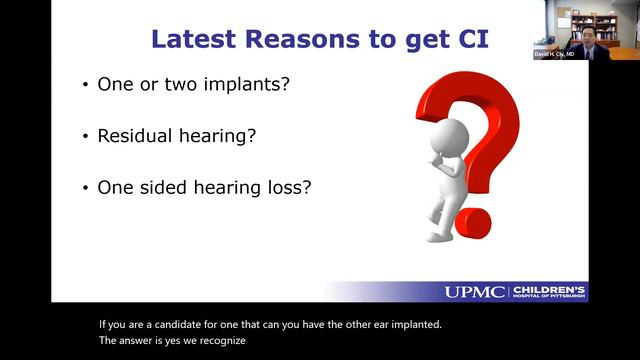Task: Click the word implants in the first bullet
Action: (245, 85)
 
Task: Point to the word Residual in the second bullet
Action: (133, 136)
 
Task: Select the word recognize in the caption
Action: (221, 340)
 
